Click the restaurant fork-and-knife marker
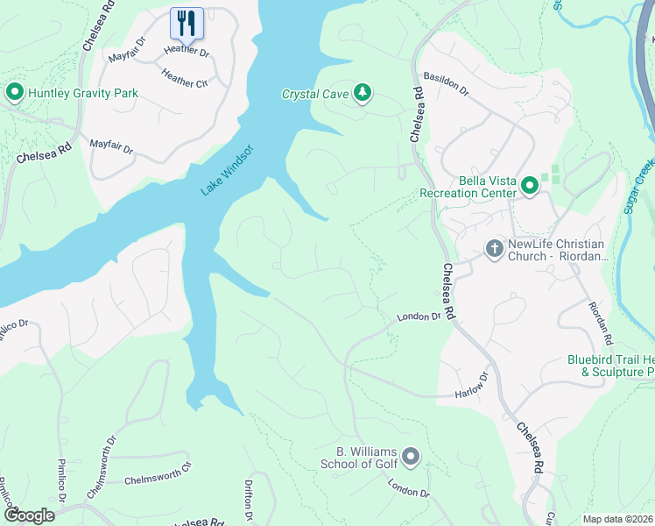point(186,23)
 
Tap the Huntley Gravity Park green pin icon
point(14,93)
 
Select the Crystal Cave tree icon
point(363,93)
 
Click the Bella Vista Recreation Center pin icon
point(529,186)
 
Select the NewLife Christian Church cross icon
point(493,249)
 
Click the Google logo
point(28,515)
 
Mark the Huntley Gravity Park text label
point(83,93)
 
